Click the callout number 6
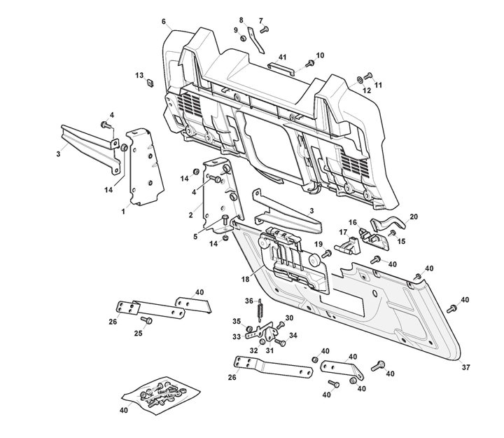(164, 22)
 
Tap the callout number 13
(139, 75)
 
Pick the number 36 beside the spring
(248, 301)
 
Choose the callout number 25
(138, 334)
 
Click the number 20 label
(413, 217)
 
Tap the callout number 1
(124, 210)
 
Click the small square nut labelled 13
(149, 84)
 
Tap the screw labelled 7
(264, 29)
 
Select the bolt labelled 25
(146, 321)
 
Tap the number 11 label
(378, 85)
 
